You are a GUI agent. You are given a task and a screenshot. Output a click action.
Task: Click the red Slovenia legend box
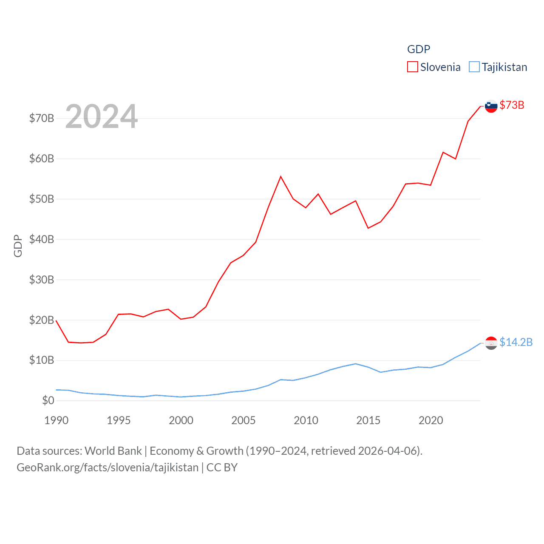pyautogui.click(x=412, y=67)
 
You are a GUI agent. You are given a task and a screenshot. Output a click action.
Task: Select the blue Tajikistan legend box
pyautogui.click(x=474, y=67)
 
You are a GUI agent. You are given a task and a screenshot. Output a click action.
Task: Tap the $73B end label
pyautogui.click(x=512, y=105)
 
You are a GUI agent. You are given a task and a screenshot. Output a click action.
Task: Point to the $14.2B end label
pyautogui.click(x=516, y=342)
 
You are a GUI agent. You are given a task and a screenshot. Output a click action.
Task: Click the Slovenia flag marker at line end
pyautogui.click(x=491, y=106)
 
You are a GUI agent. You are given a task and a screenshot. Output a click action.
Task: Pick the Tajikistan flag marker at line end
pyautogui.click(x=491, y=343)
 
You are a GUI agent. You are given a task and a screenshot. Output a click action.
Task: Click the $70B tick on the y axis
pyautogui.click(x=42, y=118)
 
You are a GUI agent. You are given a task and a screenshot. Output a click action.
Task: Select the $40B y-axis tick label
pyautogui.click(x=42, y=239)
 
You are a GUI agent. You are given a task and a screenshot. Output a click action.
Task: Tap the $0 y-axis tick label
pyautogui.click(x=48, y=400)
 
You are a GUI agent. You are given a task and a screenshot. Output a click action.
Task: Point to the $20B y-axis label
pyautogui.click(x=42, y=320)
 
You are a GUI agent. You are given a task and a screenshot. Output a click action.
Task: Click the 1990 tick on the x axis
pyautogui.click(x=56, y=420)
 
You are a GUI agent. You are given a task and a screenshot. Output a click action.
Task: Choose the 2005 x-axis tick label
pyautogui.click(x=244, y=420)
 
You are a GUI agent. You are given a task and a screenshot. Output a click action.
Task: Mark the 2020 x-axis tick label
pyautogui.click(x=431, y=420)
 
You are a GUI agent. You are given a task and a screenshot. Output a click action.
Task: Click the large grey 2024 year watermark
pyautogui.click(x=102, y=116)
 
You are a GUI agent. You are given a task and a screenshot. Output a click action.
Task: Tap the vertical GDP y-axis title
pyautogui.click(x=18, y=246)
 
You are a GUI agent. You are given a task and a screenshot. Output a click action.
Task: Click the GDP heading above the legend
pyautogui.click(x=419, y=49)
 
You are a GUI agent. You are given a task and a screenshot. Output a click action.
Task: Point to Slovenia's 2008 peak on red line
pyautogui.click(x=280, y=176)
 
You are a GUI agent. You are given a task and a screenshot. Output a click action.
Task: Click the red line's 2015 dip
pyautogui.click(x=368, y=228)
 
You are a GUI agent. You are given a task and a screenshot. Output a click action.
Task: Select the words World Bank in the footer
pyautogui.click(x=113, y=450)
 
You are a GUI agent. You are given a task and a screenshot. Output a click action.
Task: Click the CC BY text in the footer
pyautogui.click(x=222, y=467)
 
